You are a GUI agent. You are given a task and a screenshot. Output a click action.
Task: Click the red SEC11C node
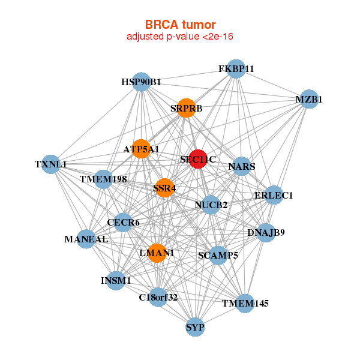[x=198, y=159]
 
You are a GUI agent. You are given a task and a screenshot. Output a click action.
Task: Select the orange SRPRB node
[x=186, y=108]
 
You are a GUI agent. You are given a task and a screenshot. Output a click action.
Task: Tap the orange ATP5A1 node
[x=141, y=149]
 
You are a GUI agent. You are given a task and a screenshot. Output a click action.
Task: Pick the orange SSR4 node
[x=164, y=188]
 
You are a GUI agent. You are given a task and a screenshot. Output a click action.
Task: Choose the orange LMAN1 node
[x=157, y=253]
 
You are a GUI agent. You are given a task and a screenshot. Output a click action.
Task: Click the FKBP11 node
[x=236, y=69]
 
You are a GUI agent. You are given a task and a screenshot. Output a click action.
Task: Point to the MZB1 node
[x=309, y=99]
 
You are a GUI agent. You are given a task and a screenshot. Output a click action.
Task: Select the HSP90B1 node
[x=142, y=82]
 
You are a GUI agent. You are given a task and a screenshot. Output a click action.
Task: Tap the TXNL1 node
[x=51, y=164]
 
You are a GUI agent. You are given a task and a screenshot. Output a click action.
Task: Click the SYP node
[x=195, y=327]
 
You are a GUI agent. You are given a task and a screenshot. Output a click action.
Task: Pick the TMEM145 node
[x=245, y=304]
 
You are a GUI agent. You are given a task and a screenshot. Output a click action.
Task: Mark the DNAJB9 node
[x=266, y=233]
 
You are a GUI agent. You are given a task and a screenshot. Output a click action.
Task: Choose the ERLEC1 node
[x=274, y=195]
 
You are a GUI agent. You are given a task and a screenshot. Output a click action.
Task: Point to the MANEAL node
[x=86, y=239]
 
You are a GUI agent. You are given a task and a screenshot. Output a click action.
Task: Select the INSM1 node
[x=116, y=281]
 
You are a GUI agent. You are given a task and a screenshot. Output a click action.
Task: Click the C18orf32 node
[x=158, y=298]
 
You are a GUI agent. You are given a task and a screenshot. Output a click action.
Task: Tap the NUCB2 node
[x=211, y=205]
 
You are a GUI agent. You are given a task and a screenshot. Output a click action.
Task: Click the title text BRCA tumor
[x=180, y=25]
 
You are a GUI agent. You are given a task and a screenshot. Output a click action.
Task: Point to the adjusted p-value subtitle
[x=180, y=37]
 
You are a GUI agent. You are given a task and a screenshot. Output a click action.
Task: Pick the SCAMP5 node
[x=218, y=256]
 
